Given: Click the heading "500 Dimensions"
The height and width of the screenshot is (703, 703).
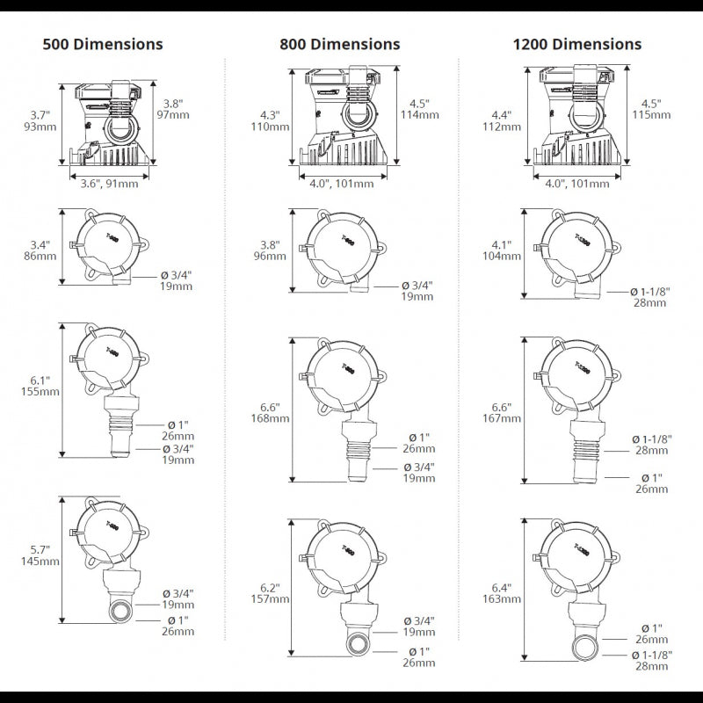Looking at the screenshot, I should coord(103,43).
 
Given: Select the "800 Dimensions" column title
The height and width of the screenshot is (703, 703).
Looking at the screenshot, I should coord(340,44).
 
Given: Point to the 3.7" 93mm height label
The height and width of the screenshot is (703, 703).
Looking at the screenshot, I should coord(40,120).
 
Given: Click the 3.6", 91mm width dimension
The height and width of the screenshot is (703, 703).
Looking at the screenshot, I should coord(109,184).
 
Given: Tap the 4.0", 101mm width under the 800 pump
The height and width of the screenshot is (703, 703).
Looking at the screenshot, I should coord(341,184).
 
